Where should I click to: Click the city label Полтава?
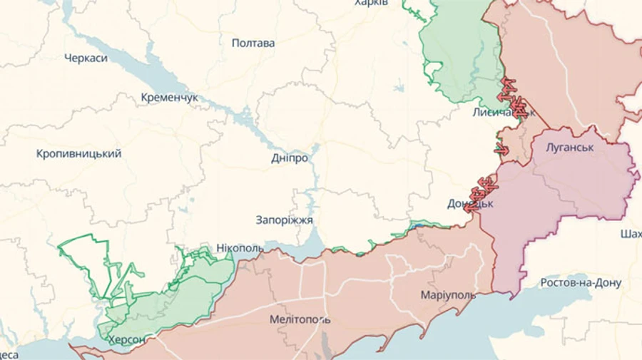[x=253, y=43]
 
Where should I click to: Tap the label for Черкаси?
[x=86, y=58]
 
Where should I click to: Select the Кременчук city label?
[x=169, y=97]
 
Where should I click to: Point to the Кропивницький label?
[x=78, y=153]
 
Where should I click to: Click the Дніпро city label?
[x=290, y=158]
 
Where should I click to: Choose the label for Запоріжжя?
[x=284, y=220]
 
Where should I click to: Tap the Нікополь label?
[x=239, y=247]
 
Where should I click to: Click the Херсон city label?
[x=126, y=339]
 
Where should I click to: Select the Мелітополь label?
[x=300, y=319]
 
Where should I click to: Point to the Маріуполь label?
[x=447, y=295]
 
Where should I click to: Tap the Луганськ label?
[x=569, y=148]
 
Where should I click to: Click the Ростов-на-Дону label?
[x=581, y=282]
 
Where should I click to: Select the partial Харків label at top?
[x=371, y=4]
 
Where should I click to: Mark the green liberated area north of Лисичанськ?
[x=457, y=57]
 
